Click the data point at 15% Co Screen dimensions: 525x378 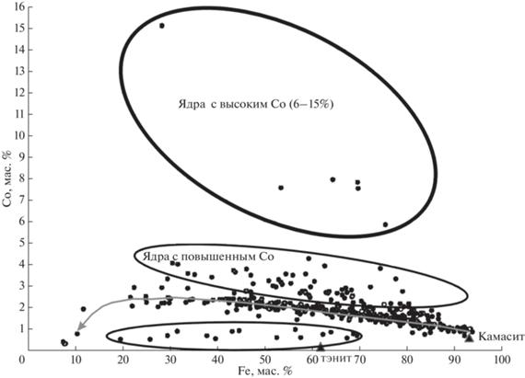tap(162, 26)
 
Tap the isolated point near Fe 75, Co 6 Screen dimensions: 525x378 tap(385, 224)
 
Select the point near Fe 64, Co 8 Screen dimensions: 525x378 tap(332, 179)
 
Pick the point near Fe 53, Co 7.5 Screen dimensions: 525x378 tap(281, 188)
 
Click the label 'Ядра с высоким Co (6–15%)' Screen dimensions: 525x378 tap(256, 104)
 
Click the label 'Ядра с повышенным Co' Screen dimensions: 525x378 tap(208, 257)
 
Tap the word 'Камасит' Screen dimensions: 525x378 tap(501, 337)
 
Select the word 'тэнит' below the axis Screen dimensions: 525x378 tap(336, 359)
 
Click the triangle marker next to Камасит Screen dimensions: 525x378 tap(470, 338)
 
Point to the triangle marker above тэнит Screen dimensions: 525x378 tap(321, 347)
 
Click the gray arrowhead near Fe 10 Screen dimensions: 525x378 tap(80, 326)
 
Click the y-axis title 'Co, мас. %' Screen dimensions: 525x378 tap(7, 178)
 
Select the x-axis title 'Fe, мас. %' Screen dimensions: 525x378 tap(265, 372)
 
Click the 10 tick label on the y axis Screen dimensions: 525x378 tap(19, 136)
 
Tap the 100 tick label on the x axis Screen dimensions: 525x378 tap(502, 360)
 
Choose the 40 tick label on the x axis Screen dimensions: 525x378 tap(217, 360)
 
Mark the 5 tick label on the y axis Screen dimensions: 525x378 tap(22, 243)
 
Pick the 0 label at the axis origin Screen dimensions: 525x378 tap(22, 360)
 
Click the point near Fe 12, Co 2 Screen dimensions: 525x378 tap(84, 309)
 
